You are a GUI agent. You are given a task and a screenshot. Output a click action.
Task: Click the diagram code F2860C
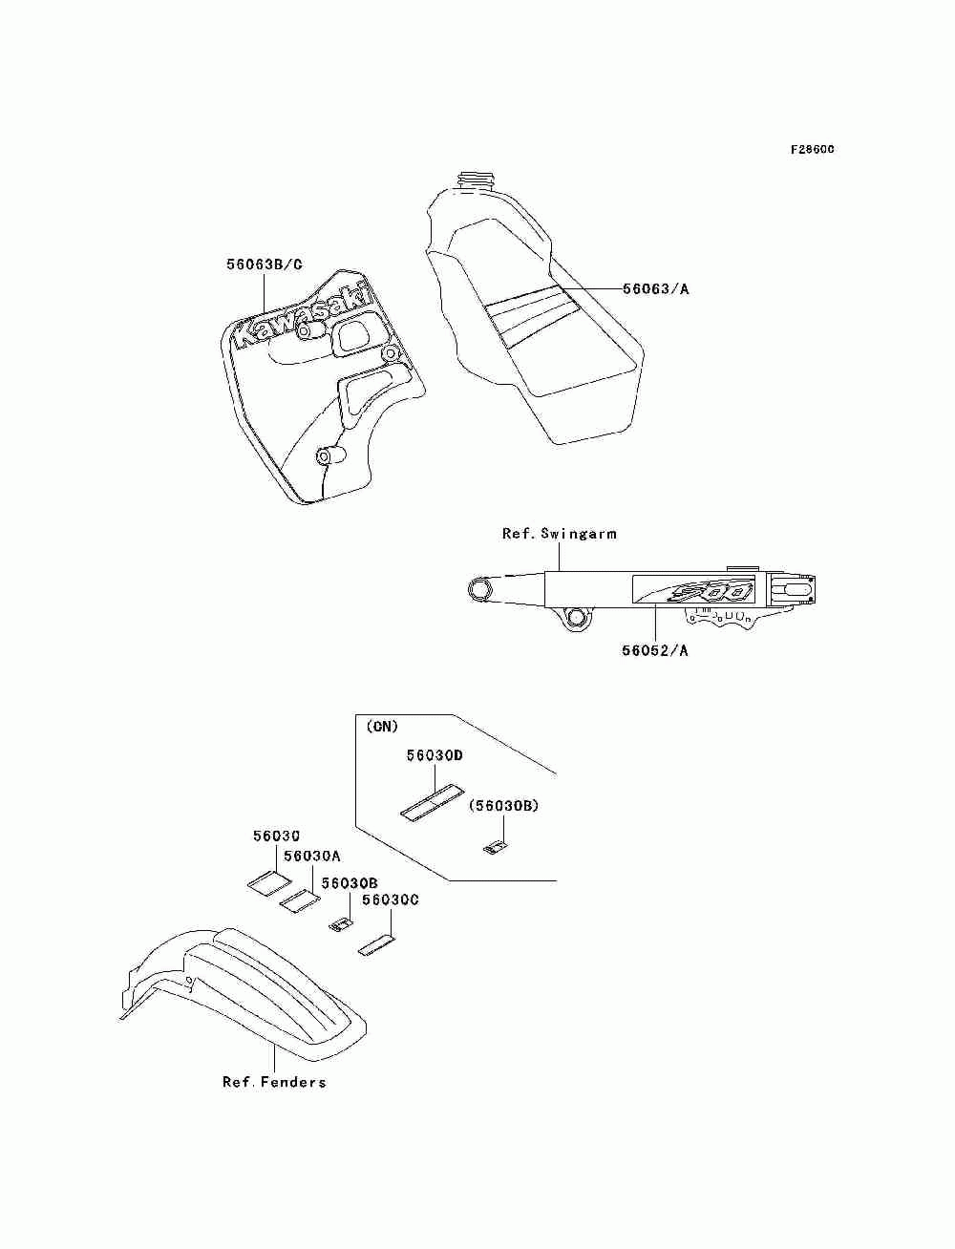point(812,150)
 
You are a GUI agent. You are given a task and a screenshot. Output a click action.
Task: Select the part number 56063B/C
point(265,265)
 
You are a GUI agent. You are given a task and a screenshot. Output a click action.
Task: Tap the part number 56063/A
point(655,288)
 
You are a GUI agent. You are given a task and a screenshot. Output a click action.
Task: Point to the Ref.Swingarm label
point(559,534)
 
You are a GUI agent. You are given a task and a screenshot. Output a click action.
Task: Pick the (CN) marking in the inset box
point(382,727)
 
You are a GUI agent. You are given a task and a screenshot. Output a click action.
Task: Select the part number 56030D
point(435,755)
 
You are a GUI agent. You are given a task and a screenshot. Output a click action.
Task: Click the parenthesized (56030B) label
point(503,806)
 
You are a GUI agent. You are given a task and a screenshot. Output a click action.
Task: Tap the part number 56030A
point(312,856)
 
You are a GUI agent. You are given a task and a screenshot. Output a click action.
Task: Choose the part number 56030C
point(391,900)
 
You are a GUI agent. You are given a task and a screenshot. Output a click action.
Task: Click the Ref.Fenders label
point(274,1082)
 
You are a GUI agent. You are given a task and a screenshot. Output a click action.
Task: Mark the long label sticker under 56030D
point(431,802)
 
